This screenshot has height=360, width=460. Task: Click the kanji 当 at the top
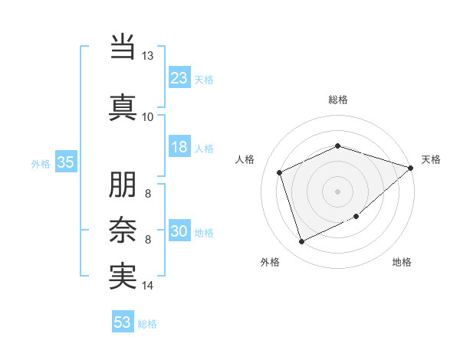click(x=123, y=45)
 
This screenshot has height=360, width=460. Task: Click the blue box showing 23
click(x=179, y=78)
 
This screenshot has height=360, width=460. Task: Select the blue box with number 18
click(x=179, y=147)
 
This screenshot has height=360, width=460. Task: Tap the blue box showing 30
click(x=179, y=232)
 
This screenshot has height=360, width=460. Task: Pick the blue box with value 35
click(x=65, y=162)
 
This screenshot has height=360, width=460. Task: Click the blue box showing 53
click(x=122, y=322)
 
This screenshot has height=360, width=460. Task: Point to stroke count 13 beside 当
click(x=147, y=56)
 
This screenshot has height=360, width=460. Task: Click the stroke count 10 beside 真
click(x=147, y=116)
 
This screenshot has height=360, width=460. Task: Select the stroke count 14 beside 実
click(x=147, y=286)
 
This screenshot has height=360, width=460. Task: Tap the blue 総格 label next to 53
click(x=147, y=324)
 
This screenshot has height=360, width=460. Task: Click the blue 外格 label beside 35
click(x=41, y=164)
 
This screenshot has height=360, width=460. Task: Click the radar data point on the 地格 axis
click(x=356, y=216)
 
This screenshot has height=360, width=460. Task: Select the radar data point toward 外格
click(x=301, y=242)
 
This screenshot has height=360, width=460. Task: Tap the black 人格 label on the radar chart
click(x=245, y=159)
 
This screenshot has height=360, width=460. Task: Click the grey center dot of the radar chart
click(x=337, y=191)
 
